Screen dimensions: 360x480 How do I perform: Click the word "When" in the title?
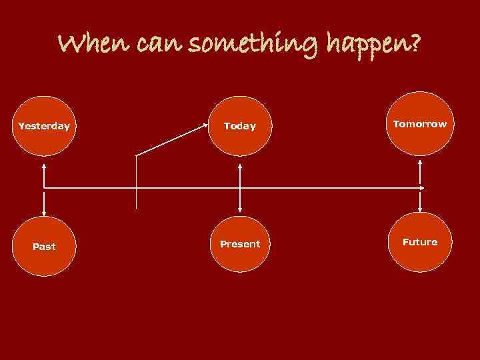click(93, 45)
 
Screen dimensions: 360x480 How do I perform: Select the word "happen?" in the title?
click(374, 45)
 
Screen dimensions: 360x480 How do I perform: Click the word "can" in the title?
click(157, 45)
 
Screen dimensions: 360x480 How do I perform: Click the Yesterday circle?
click(44, 125)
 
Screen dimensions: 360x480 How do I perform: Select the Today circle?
click(240, 125)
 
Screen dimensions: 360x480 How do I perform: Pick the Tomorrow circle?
click(420, 124)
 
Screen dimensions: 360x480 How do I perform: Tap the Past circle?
click(44, 246)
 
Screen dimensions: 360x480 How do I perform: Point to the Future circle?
click(420, 242)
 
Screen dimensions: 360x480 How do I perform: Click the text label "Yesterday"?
click(44, 125)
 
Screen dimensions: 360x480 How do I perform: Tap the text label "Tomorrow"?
click(420, 124)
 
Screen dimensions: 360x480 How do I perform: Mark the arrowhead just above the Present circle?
click(240, 212)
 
